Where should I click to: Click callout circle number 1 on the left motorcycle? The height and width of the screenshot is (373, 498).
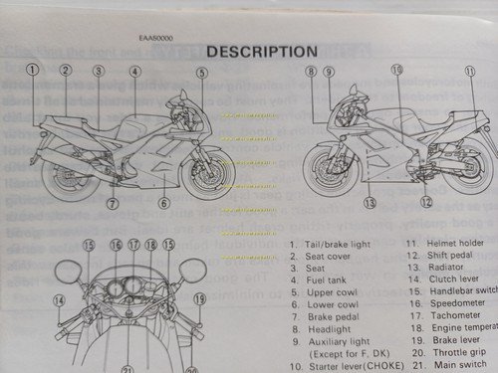(x=34, y=71)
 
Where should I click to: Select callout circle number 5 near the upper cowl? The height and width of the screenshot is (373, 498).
(x=201, y=73)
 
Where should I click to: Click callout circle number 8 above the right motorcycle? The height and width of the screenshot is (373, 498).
(x=311, y=72)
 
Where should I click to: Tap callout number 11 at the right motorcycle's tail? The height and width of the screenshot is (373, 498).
(x=469, y=73)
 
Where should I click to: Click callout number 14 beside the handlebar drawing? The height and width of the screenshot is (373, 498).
(x=59, y=299)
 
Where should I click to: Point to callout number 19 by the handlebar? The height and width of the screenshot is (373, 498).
(x=198, y=298)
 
